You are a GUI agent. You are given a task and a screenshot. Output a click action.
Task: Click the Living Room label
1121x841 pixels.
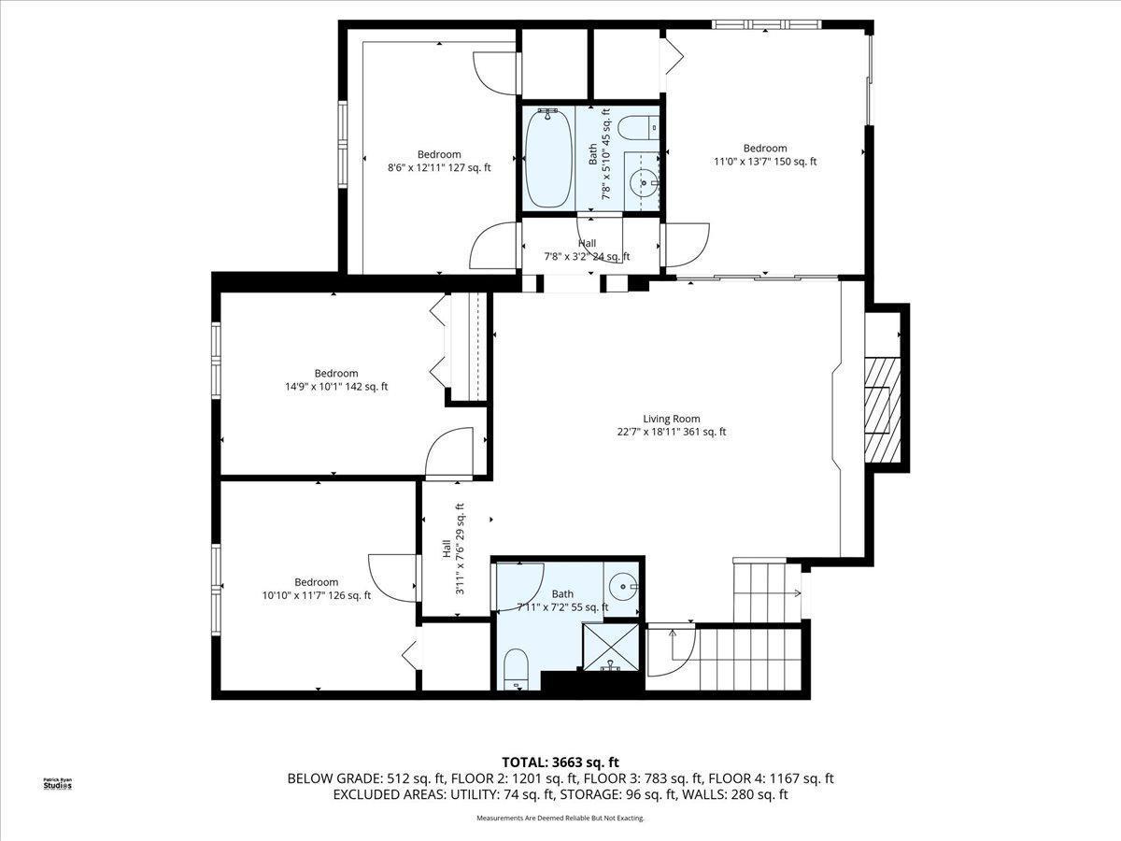(x=671, y=420)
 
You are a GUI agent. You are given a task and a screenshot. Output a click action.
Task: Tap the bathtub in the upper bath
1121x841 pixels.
(x=548, y=158)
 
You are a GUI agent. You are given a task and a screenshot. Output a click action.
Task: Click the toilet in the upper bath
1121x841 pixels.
(x=637, y=127)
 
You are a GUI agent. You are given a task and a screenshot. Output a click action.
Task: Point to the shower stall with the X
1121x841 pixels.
(x=611, y=647)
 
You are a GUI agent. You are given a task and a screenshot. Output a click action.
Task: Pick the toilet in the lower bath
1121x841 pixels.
(x=516, y=669)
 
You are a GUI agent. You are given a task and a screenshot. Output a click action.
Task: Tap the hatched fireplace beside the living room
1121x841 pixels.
(x=882, y=409)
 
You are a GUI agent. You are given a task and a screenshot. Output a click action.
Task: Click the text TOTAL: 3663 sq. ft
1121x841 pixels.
(x=560, y=763)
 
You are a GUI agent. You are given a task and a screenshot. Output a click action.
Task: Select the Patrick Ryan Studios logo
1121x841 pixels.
(x=58, y=784)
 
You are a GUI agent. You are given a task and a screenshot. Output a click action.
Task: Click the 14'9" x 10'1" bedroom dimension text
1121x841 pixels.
(x=336, y=387)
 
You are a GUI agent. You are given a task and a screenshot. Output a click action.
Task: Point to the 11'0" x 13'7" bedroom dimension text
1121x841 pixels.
(x=765, y=162)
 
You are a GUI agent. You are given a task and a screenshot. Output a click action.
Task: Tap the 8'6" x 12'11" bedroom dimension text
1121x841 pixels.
(x=439, y=167)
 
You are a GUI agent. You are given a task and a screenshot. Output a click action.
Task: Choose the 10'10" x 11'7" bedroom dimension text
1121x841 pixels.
(x=317, y=595)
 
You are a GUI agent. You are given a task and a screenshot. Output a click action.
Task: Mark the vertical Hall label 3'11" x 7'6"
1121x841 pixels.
(x=452, y=549)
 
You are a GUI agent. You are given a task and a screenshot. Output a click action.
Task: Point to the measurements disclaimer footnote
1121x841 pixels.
(x=560, y=818)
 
